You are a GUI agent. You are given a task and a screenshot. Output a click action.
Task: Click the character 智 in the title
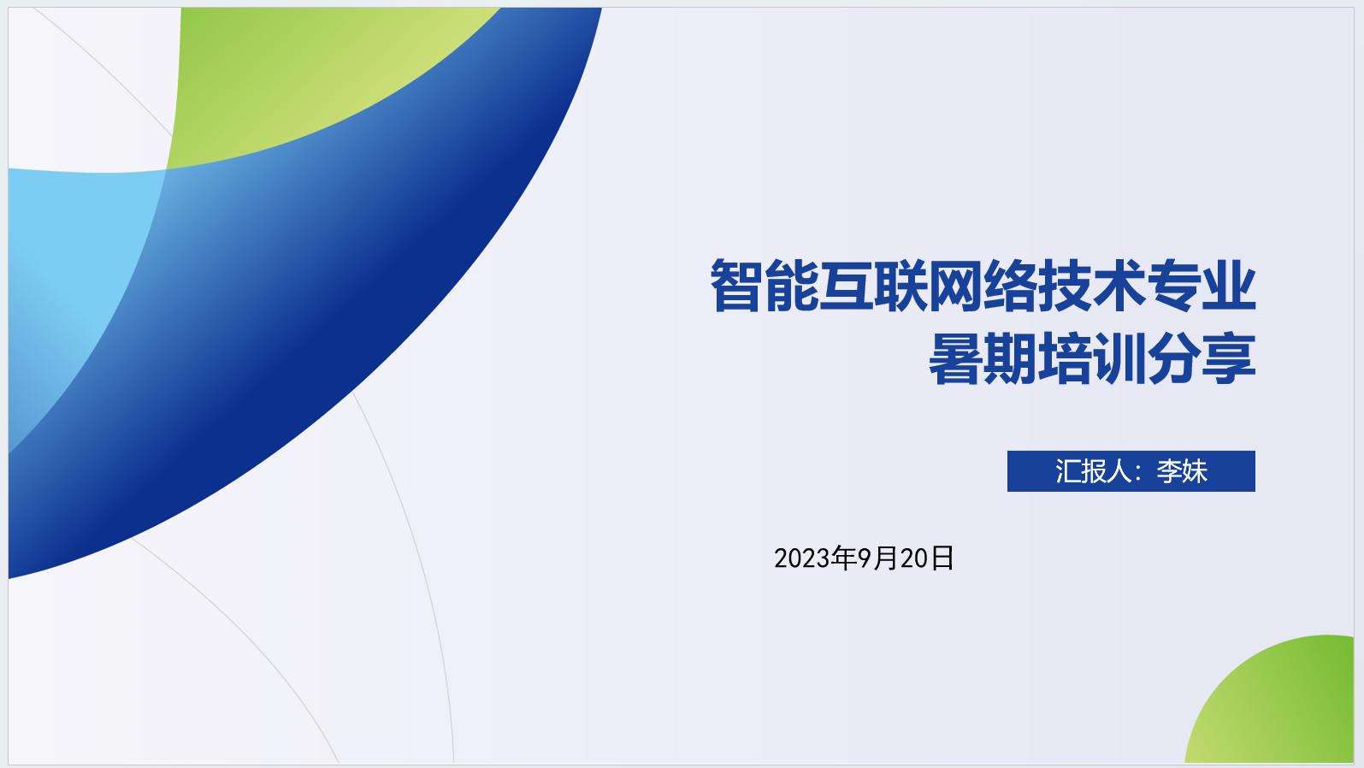(x=737, y=286)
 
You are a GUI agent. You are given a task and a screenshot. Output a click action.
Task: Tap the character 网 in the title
(x=954, y=286)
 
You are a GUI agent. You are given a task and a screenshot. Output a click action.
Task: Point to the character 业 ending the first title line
(x=1229, y=286)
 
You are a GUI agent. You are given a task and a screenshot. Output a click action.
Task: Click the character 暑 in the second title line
(x=955, y=358)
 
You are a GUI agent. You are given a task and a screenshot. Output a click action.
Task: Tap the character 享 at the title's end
(x=1229, y=358)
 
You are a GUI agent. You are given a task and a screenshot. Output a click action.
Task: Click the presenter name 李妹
(x=1182, y=471)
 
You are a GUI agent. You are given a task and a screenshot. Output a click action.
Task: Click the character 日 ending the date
(x=942, y=558)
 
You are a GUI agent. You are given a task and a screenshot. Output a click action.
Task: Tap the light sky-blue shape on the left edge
(x=73, y=274)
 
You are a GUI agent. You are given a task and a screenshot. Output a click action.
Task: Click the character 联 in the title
(x=900, y=286)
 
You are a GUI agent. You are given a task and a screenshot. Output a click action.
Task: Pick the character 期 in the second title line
(x=1010, y=358)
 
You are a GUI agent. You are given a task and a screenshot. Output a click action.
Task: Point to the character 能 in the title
(x=792, y=286)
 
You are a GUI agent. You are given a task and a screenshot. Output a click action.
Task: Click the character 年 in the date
(x=845, y=558)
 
